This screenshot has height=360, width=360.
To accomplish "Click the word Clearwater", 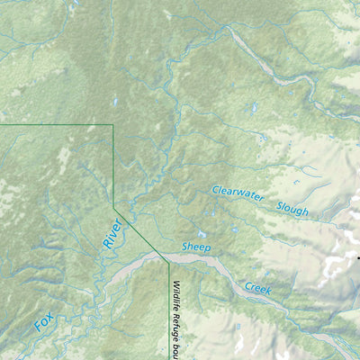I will pos(240,194).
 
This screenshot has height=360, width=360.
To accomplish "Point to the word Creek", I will pos(258,288).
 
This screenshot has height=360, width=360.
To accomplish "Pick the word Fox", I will pos(43,322).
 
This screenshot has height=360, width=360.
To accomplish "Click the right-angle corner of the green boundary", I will pos(112,125).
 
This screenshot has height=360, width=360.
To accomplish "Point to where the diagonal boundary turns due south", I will pos(168,257).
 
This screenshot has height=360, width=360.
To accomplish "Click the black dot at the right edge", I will pos(357,258).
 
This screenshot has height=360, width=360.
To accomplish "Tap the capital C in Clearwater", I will pos(216,190).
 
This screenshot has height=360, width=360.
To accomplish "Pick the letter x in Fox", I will pos(50,316).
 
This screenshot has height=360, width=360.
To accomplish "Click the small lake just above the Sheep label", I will pos(200,236).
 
